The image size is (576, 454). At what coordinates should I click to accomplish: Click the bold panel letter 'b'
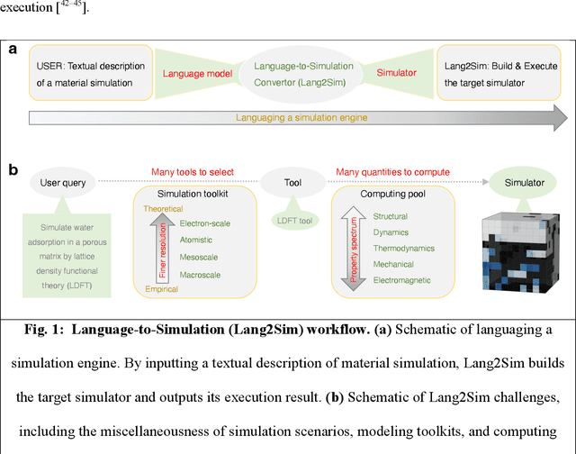[12, 168]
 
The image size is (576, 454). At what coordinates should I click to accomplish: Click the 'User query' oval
[63, 183]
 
